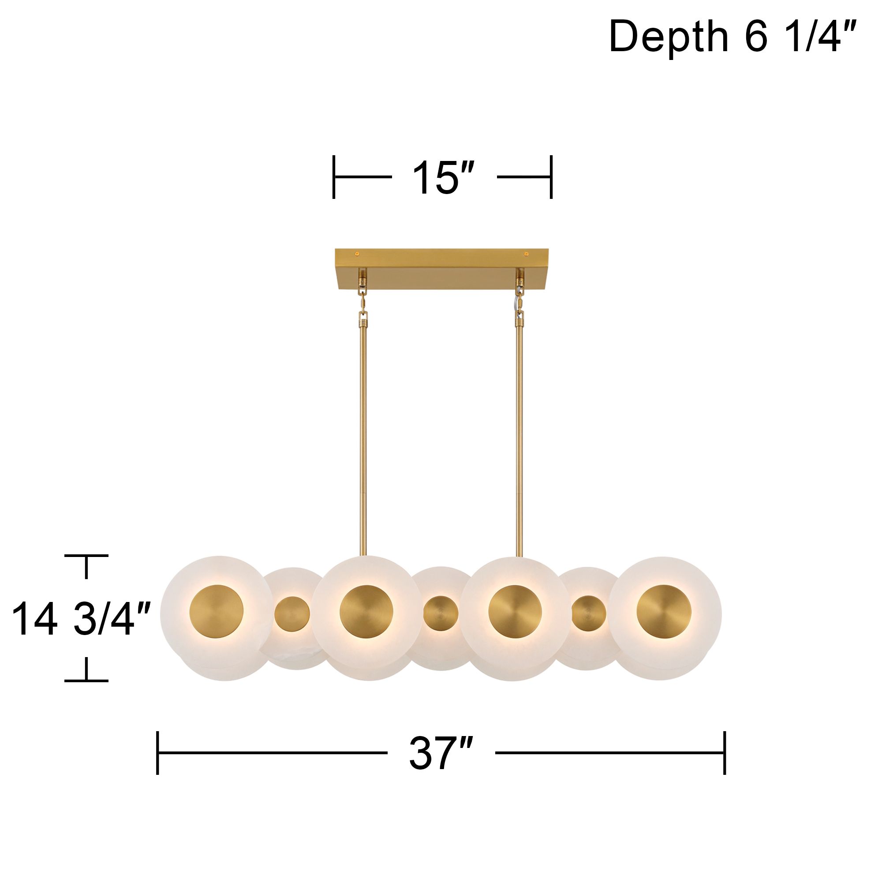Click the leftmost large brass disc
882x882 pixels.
click(217, 611)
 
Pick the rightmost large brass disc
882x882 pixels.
click(664, 611)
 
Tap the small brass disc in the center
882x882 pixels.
click(441, 613)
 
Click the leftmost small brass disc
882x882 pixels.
click(292, 613)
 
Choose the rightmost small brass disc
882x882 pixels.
click(589, 613)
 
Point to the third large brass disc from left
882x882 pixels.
click(515, 612)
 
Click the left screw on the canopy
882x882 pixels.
click(358, 254)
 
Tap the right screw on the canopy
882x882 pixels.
click(527, 254)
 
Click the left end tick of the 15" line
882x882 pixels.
click(334, 177)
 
